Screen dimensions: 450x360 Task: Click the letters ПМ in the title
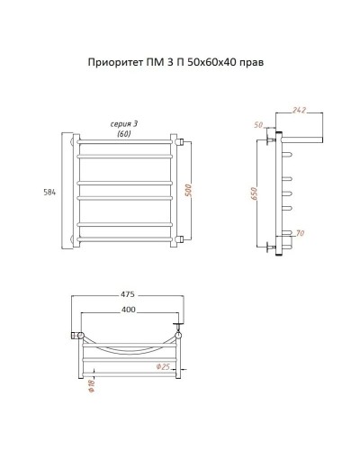click(x=148, y=64)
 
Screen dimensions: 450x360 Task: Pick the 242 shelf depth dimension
click(x=300, y=112)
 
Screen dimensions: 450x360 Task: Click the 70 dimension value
click(x=300, y=234)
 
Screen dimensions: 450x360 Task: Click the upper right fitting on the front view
click(x=180, y=140)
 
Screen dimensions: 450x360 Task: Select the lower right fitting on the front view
click(x=180, y=239)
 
